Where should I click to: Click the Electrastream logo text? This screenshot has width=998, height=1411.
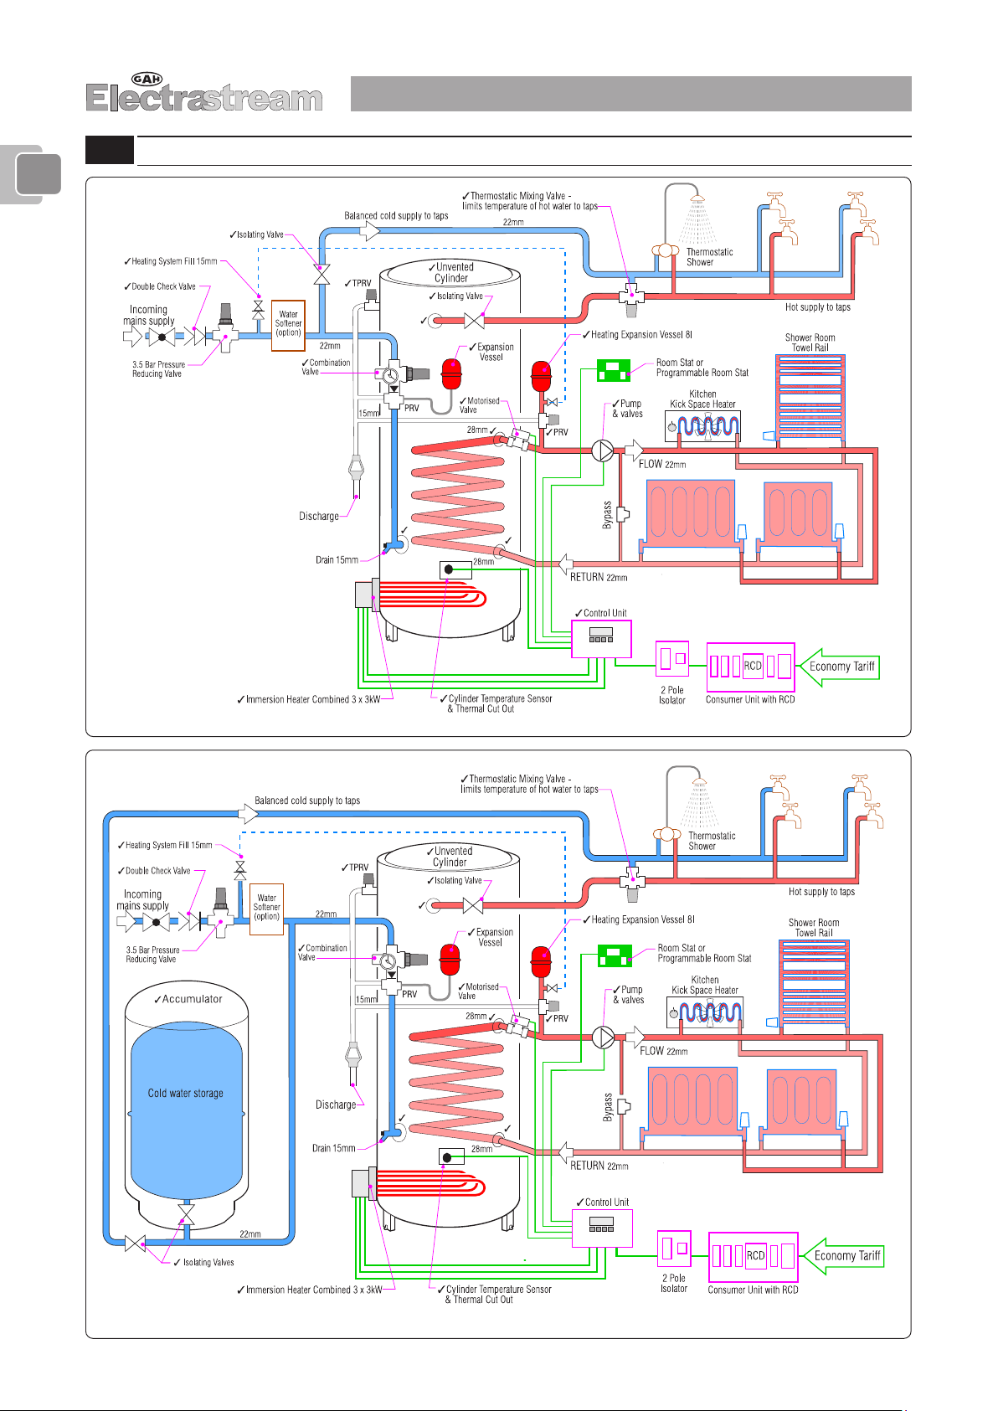(204, 99)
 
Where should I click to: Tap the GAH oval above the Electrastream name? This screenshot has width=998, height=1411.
(147, 80)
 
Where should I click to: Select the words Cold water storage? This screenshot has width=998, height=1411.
(185, 1093)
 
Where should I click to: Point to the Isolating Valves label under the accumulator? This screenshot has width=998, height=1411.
(208, 1262)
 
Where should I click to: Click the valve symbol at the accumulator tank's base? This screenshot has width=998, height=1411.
(186, 1214)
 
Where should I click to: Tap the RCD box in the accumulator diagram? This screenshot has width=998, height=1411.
(755, 1255)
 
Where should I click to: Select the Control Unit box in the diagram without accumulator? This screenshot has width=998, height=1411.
(601, 638)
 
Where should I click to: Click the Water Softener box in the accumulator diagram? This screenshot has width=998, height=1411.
(267, 908)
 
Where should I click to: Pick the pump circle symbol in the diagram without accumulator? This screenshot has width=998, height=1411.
(603, 451)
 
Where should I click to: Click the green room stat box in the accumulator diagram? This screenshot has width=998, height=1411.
(615, 955)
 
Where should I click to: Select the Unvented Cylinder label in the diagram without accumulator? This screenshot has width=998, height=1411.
(452, 272)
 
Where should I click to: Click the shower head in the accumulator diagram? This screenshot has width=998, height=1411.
(699, 786)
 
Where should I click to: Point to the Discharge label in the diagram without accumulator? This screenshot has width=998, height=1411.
(319, 517)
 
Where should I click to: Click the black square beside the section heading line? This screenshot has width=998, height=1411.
(110, 151)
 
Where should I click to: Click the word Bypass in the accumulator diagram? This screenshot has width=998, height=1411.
(609, 1107)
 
